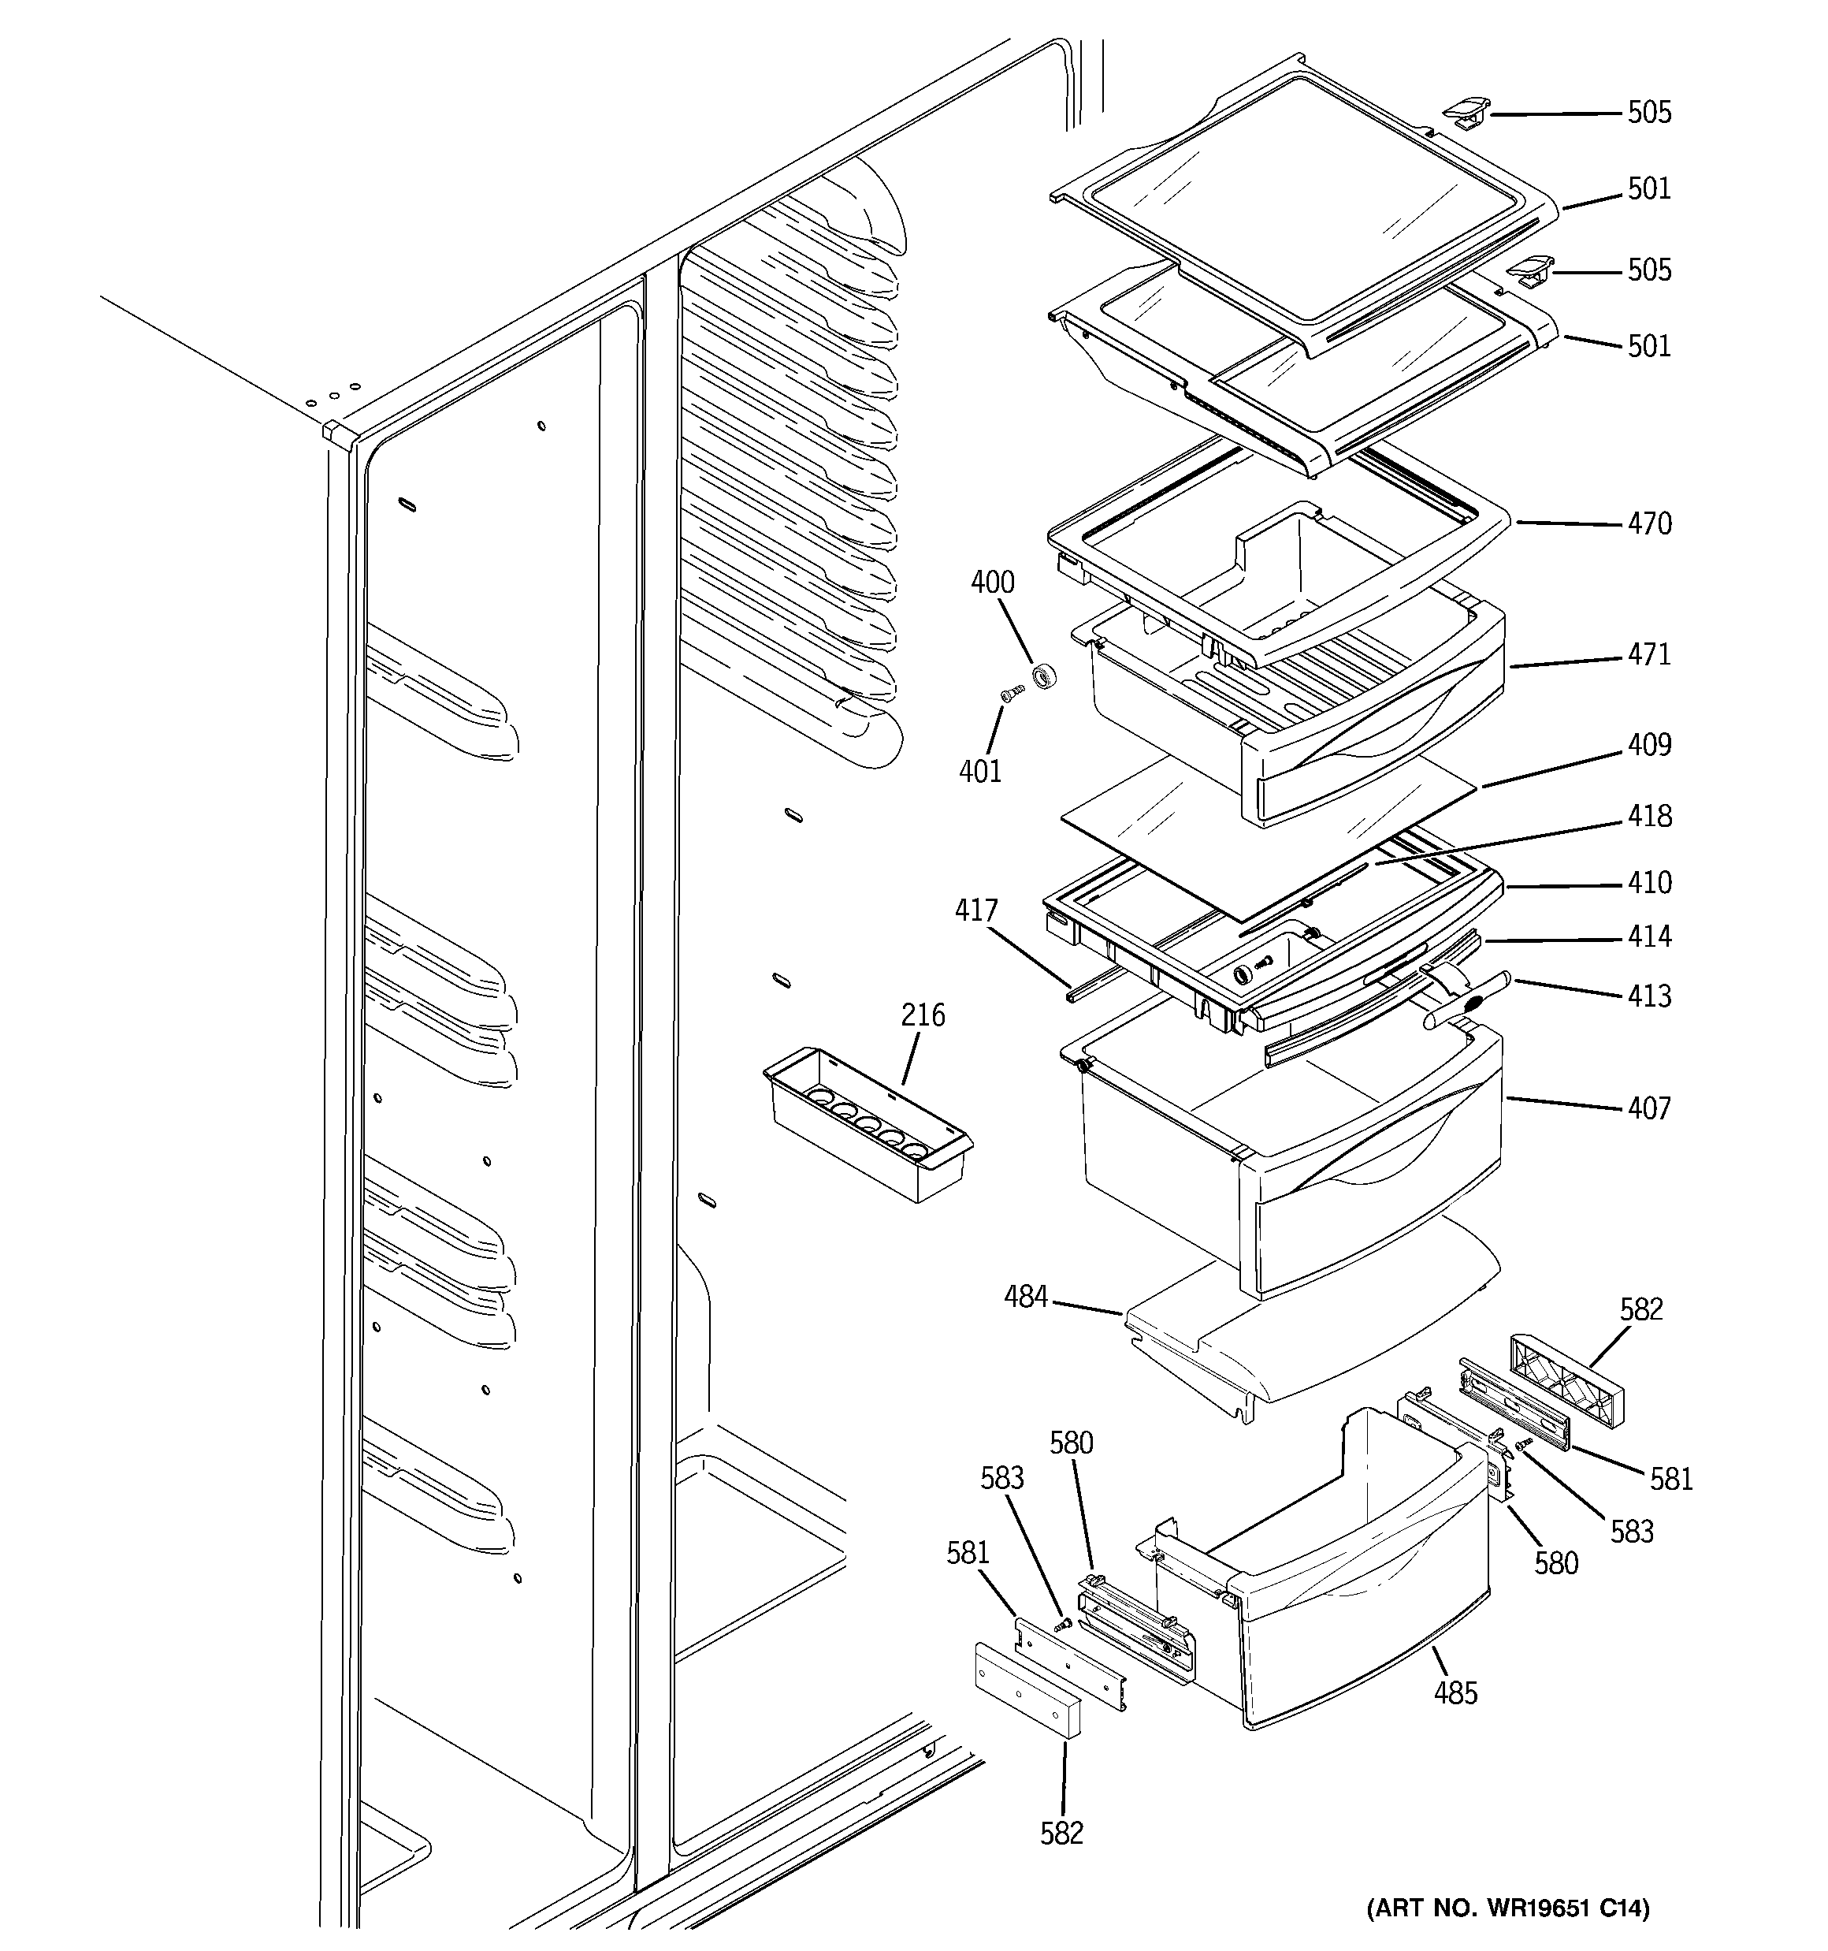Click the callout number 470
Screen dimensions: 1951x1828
(x=1648, y=524)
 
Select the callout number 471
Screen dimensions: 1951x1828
(x=1648, y=654)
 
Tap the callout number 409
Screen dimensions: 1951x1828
(x=1648, y=745)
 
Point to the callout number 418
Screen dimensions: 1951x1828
(x=1648, y=817)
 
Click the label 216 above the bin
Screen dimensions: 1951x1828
(x=923, y=1015)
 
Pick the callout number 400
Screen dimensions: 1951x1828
(x=992, y=583)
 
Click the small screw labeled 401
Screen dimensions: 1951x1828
(x=1011, y=693)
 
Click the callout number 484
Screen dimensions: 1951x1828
(x=1025, y=1298)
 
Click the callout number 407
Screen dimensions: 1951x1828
(x=1648, y=1109)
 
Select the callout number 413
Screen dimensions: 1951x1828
(x=1648, y=997)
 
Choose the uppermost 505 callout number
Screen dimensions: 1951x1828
(x=1648, y=113)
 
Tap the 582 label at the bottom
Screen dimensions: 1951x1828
(x=1061, y=1834)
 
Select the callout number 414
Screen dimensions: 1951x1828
(x=1648, y=937)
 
